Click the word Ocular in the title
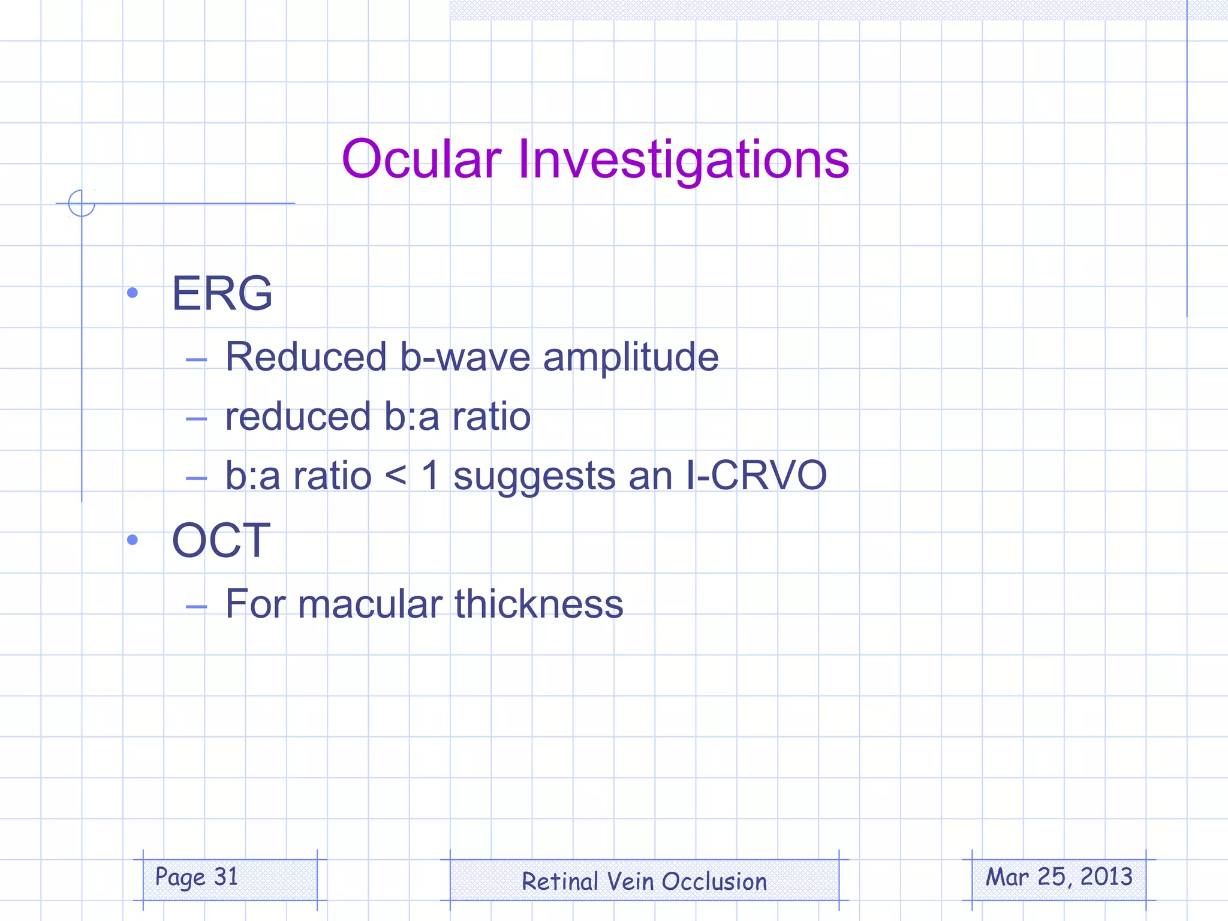pyautogui.click(x=421, y=159)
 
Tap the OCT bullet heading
pyautogui.click(x=221, y=540)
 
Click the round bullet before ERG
pyautogui.click(x=133, y=293)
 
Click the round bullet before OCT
pyautogui.click(x=133, y=540)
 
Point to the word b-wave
pyautogui.click(x=465, y=357)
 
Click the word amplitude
pyautogui.click(x=630, y=358)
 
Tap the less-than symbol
pyautogui.click(x=396, y=477)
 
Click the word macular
pyautogui.click(x=370, y=604)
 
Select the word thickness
pyautogui.click(x=538, y=604)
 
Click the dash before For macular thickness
pyautogui.click(x=196, y=607)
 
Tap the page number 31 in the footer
pyautogui.click(x=226, y=877)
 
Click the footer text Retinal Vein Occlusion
pyautogui.click(x=644, y=881)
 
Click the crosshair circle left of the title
pyautogui.click(x=82, y=203)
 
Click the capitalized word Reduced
pyautogui.click(x=306, y=357)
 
